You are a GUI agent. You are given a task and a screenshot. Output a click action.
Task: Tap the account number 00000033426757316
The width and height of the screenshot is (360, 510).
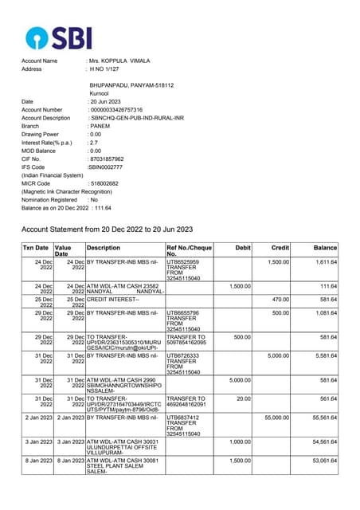coord(116,110)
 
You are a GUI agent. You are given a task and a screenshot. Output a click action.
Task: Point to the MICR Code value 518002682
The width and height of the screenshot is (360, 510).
coord(106,183)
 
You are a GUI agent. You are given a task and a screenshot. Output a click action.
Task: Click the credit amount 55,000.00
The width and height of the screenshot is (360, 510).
coord(276,417)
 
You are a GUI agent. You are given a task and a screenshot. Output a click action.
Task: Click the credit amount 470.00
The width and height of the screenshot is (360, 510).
coord(280,299)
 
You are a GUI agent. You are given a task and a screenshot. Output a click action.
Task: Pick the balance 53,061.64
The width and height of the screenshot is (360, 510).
coord(322,461)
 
